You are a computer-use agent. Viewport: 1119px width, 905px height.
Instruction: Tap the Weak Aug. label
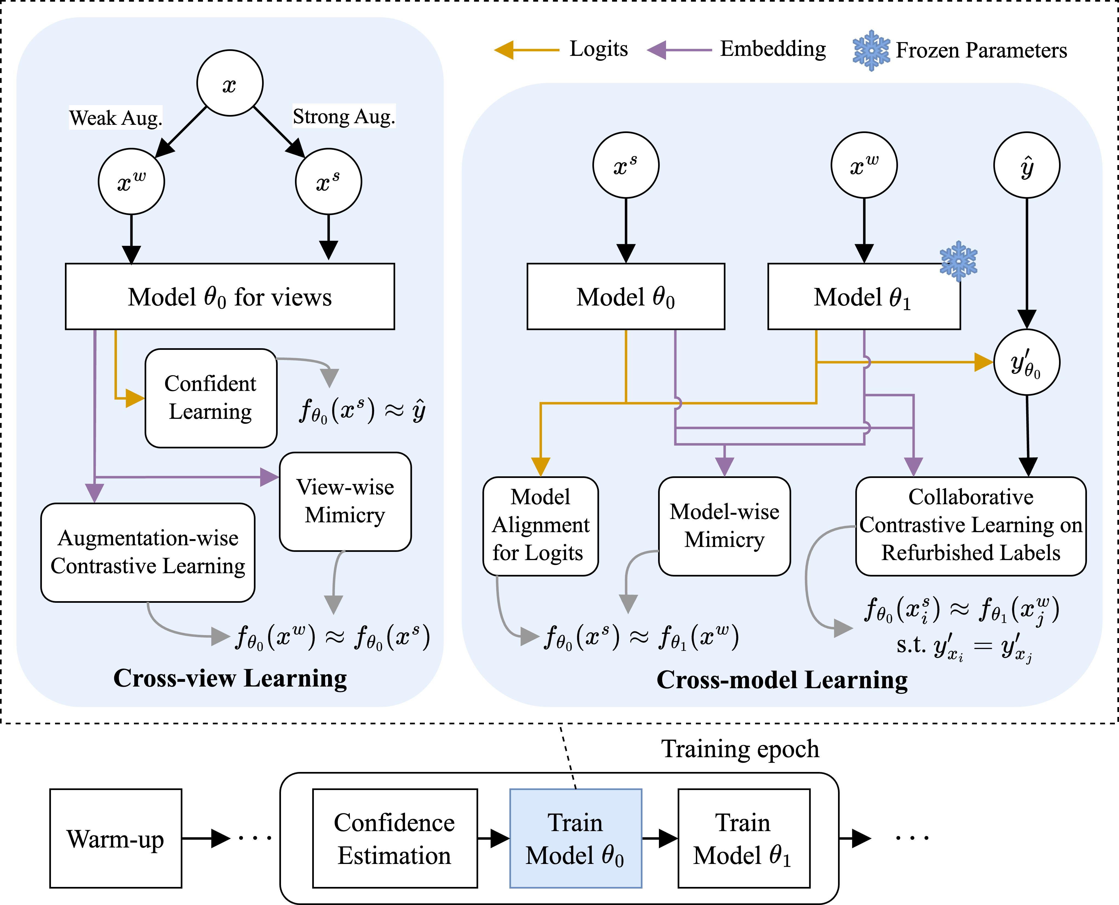(x=115, y=118)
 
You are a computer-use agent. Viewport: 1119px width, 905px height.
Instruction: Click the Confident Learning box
(x=211, y=398)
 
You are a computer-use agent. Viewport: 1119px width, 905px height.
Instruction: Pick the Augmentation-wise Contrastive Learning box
(x=148, y=552)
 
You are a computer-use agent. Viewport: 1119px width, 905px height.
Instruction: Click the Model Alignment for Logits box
(x=540, y=526)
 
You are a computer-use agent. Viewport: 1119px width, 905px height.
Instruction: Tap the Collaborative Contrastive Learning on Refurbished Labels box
(x=970, y=526)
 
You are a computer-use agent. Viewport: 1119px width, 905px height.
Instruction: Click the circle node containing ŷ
(x=1026, y=165)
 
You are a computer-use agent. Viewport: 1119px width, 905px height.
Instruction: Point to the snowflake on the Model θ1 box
(x=959, y=261)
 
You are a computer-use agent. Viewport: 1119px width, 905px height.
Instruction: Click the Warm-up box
(x=116, y=838)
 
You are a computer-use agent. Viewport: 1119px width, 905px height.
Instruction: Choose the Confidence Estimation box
(x=395, y=838)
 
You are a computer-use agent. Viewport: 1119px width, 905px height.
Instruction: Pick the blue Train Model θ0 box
(x=575, y=838)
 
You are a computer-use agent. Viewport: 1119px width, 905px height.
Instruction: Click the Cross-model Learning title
(x=782, y=680)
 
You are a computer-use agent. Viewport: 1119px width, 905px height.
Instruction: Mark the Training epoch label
(x=740, y=749)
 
